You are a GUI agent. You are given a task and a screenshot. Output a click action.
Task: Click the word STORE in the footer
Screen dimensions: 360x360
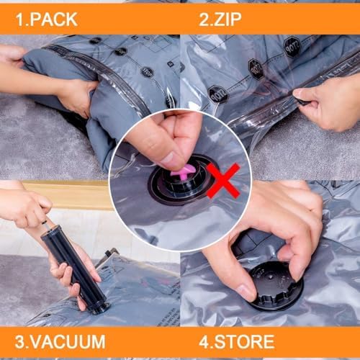249,341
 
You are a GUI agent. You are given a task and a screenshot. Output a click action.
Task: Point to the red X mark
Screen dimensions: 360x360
224,179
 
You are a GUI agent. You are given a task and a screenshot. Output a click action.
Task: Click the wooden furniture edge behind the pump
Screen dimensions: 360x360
79,194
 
